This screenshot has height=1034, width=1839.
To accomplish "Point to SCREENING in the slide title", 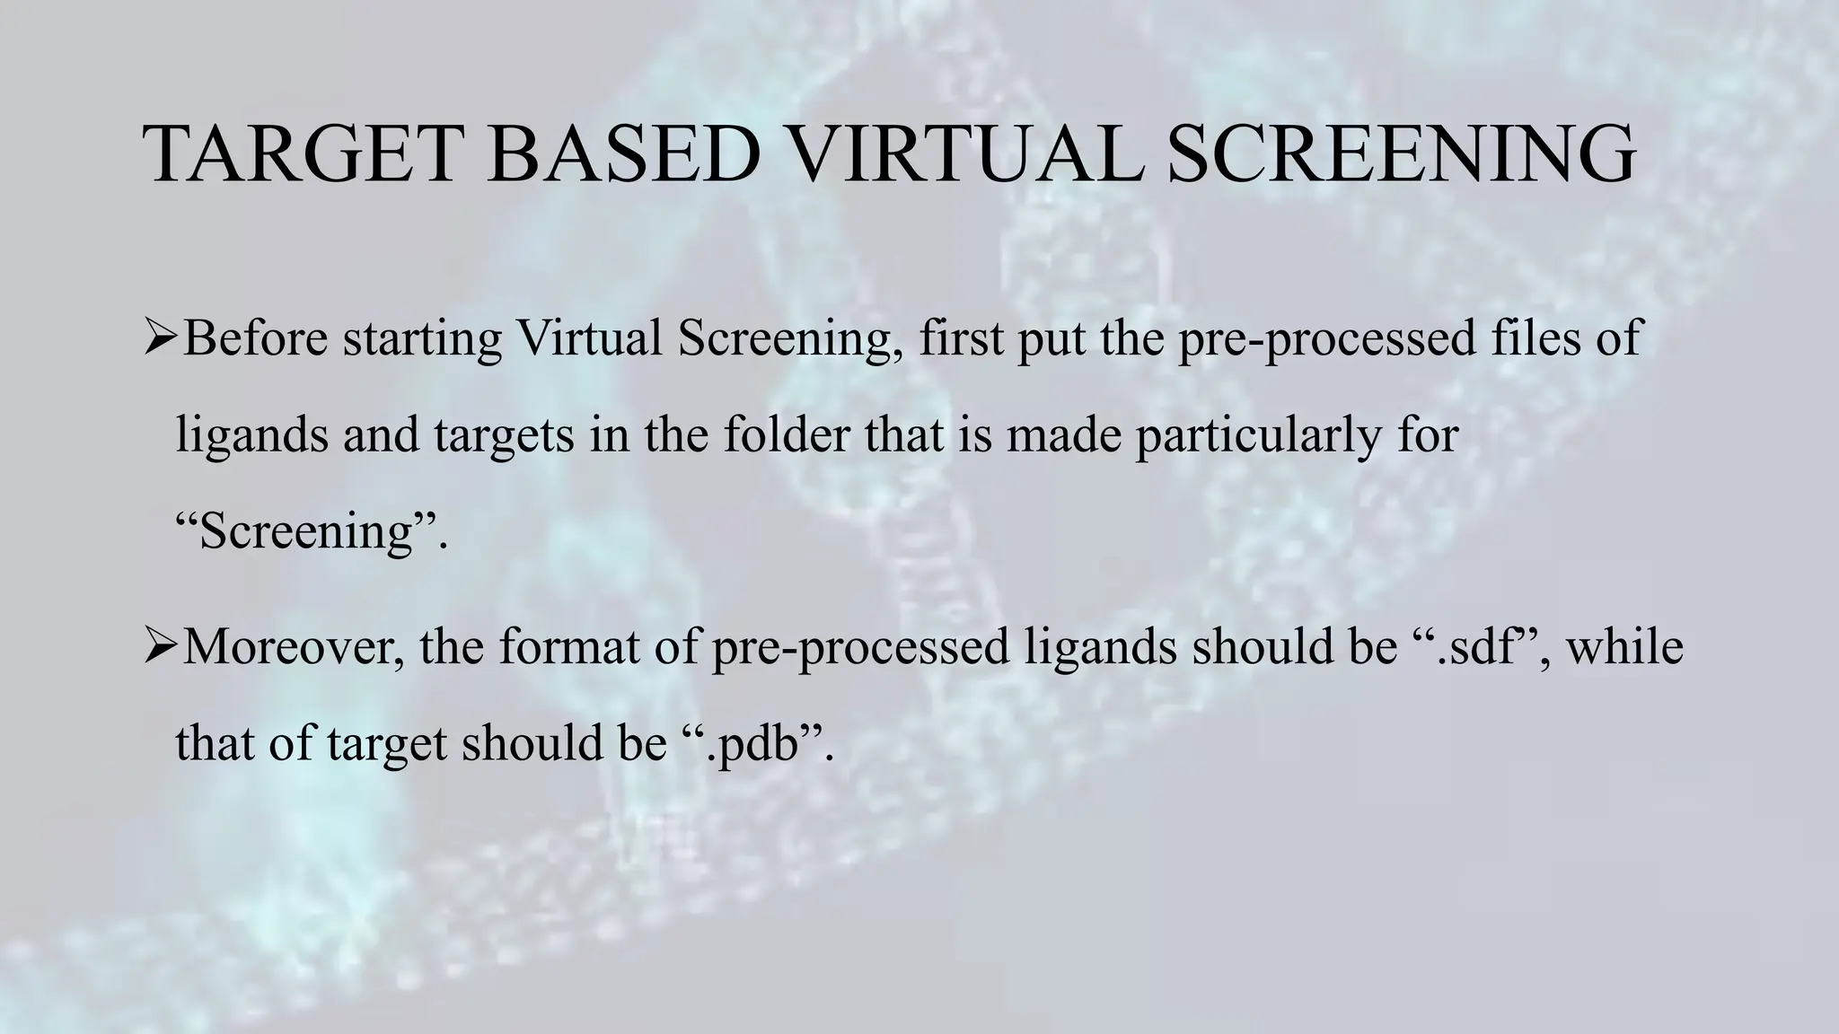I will coord(1402,154).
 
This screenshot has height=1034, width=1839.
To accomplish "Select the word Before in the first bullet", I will coord(255,339).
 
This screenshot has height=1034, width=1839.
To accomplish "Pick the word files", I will coord(1537,339).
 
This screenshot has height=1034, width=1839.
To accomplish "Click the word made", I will coord(1064,435).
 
